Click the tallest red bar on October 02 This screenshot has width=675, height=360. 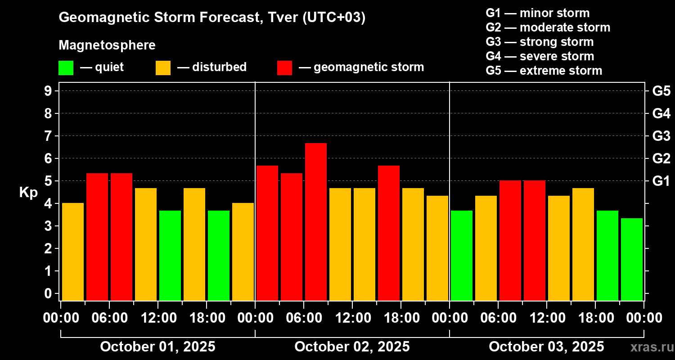(315, 221)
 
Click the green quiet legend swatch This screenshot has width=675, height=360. (66, 67)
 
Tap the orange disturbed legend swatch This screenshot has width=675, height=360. (163, 67)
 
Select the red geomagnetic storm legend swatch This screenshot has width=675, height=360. (284, 67)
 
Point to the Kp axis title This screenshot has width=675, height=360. (28, 192)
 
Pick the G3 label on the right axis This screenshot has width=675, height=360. (661, 136)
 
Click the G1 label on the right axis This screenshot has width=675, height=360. (661, 181)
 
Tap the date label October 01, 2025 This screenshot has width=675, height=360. (157, 347)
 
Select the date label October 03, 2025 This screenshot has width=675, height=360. (546, 347)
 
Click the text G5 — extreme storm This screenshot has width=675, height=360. (544, 71)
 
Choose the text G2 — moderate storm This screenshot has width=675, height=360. (548, 27)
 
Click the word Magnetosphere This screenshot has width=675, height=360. (107, 45)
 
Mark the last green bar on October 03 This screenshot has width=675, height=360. (631, 259)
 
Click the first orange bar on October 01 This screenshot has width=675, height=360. (73, 252)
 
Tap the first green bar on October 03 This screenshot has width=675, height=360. (461, 255)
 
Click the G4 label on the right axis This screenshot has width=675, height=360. (661, 113)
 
